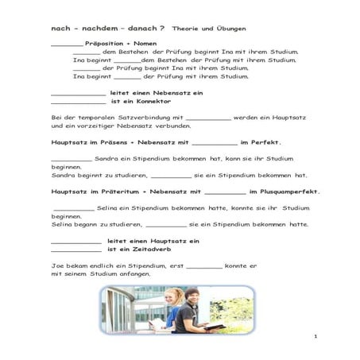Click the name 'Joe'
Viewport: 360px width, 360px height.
pyautogui.click(x=56, y=265)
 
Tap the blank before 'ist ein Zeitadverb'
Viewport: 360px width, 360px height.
pyautogui.click(x=76, y=250)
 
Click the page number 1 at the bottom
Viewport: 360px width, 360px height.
pyautogui.click(x=315, y=337)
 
